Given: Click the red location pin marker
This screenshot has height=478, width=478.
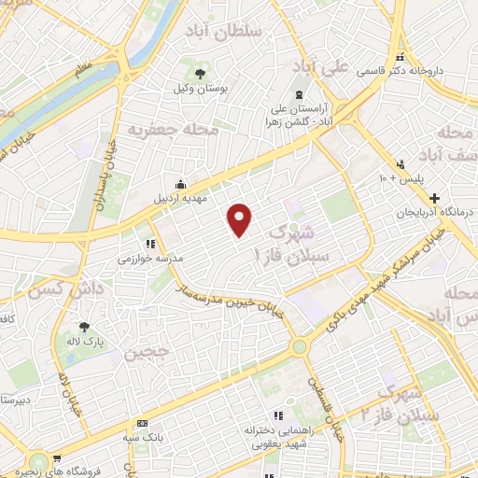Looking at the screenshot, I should point(241,218).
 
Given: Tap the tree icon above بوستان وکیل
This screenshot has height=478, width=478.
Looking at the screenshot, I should point(199,73).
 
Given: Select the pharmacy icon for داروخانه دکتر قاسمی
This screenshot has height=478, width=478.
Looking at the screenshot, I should point(401,57).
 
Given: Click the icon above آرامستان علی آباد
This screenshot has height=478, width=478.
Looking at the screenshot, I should point(300,95).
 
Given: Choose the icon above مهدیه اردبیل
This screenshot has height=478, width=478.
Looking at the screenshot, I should point(180,184).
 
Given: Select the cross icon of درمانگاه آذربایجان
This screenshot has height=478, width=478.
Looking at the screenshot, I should point(434,199).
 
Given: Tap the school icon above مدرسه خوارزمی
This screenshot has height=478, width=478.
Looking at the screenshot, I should point(148,243).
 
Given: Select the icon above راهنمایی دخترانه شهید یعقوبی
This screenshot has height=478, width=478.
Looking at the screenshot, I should point(277,415).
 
